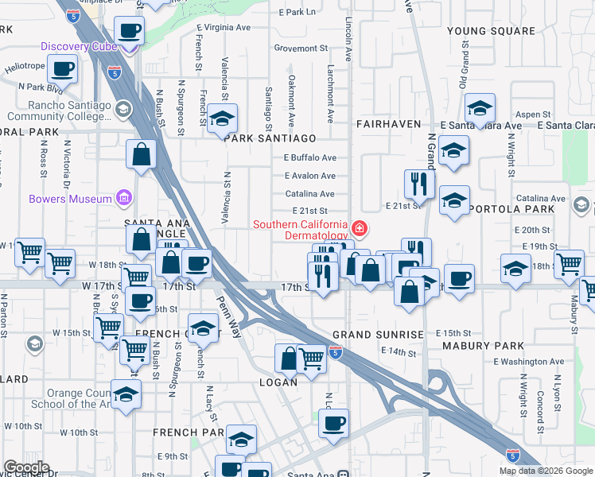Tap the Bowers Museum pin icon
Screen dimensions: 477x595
(123, 198)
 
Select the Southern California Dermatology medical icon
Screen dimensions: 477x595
(360, 230)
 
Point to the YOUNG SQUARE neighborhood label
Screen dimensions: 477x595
(491, 31)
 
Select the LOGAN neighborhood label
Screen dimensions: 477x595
(278, 382)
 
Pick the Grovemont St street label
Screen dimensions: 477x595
(301, 48)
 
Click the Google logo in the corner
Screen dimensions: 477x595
(26, 467)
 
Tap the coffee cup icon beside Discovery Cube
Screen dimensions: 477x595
(128, 32)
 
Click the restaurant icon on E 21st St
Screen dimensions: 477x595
(418, 184)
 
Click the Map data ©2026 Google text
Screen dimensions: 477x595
(545, 471)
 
